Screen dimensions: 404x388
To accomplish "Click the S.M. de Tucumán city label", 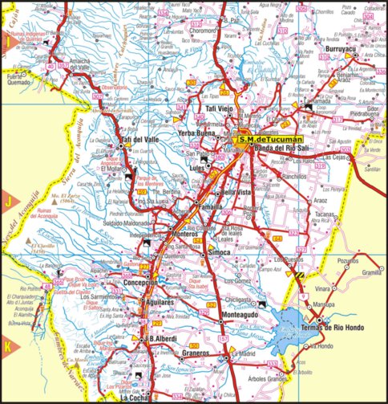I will pyautogui.click(x=267, y=138).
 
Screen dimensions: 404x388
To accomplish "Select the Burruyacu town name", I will pyautogui.click(x=347, y=48).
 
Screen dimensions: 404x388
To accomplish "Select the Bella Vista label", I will pyautogui.click(x=237, y=193).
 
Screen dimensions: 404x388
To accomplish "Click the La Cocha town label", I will pyautogui.click(x=135, y=397).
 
